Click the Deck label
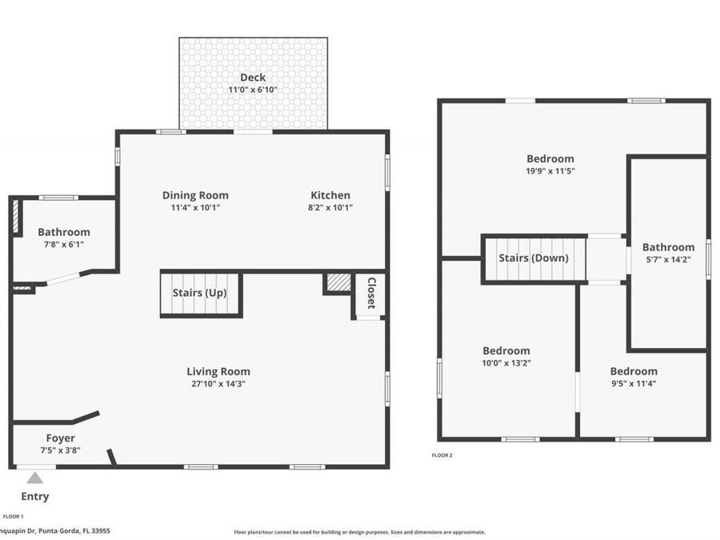point(253,78)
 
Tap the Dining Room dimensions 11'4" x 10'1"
point(196,207)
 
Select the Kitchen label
point(330,195)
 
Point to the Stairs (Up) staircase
point(201,294)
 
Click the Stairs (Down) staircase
point(534,258)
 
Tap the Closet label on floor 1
point(371,293)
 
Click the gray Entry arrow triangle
point(35,478)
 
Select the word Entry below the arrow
point(35,496)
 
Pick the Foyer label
point(60,438)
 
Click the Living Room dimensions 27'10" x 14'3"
point(218,384)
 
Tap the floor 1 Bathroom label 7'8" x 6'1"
point(64,232)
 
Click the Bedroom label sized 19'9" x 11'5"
point(550,159)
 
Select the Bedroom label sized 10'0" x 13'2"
point(506,351)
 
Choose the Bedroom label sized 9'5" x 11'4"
point(634,371)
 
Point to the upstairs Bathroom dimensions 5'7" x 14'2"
point(669,259)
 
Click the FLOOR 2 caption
point(442,455)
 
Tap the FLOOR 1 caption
point(13,517)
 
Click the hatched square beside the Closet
point(339,282)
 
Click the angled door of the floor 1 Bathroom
point(64,278)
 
